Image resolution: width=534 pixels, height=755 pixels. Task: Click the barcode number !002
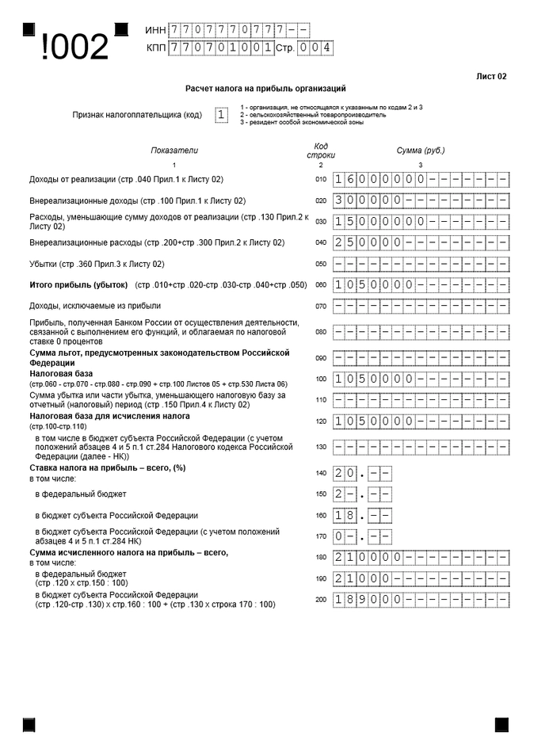pos(74,48)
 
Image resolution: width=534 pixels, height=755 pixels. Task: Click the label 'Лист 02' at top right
pos(491,77)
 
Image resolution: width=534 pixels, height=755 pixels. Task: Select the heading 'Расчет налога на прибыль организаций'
pos(265,90)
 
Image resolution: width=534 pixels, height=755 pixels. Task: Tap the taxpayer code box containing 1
pos(221,115)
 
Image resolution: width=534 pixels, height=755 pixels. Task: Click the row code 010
pos(321,180)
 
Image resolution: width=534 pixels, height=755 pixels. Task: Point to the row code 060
pos(321,284)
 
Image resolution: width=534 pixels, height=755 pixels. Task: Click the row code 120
pos(321,421)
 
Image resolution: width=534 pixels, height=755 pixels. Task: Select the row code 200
pos(321,600)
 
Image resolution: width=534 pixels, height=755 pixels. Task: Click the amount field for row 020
pos(421,200)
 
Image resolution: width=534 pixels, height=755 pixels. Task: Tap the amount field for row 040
pos(421,242)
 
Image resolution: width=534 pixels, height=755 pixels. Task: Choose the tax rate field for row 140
pos(362,474)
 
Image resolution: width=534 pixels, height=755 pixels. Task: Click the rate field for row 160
pos(362,516)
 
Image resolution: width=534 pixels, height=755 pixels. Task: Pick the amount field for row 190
pos(421,578)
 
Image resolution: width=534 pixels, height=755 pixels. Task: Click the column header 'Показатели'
pos(174,151)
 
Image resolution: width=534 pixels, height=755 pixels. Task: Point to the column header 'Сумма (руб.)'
pos(421,151)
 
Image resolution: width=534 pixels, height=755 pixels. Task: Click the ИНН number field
pos(238,30)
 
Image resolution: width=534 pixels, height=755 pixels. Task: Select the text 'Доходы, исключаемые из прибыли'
pos(95,305)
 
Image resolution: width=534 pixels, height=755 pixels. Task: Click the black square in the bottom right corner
pos(501,724)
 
